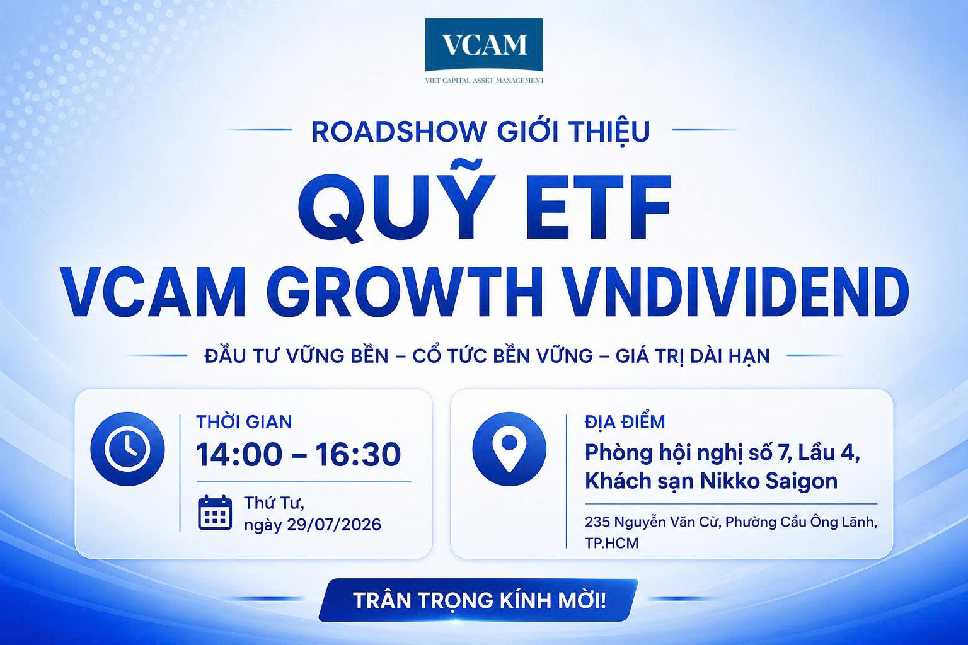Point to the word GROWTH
[405, 292]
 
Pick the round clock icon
[127, 449]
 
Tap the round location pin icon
[509, 449]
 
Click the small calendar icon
[215, 513]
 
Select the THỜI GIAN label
[244, 422]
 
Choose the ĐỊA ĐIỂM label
[625, 422]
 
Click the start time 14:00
[239, 455]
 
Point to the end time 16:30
[358, 455]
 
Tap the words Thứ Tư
[274, 503]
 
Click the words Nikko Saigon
[769, 481]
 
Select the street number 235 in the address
[597, 522]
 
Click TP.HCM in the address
[611, 543]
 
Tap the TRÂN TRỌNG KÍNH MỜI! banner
[478, 600]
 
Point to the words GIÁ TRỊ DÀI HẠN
[693, 356]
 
